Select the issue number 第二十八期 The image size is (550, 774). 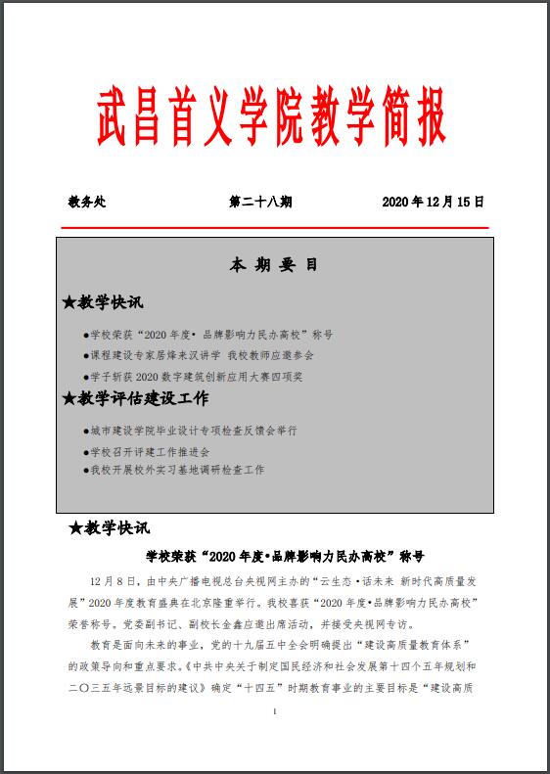[259, 202]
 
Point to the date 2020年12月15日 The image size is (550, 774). [434, 202]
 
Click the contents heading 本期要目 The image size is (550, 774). [274, 265]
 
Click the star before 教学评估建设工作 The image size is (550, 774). [69, 398]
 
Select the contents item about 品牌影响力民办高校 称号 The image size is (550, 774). [210, 334]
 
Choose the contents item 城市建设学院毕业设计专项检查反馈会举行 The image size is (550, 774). [192, 430]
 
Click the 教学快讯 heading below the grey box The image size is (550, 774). [116, 528]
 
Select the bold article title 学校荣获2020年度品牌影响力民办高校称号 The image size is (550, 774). [284, 555]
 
